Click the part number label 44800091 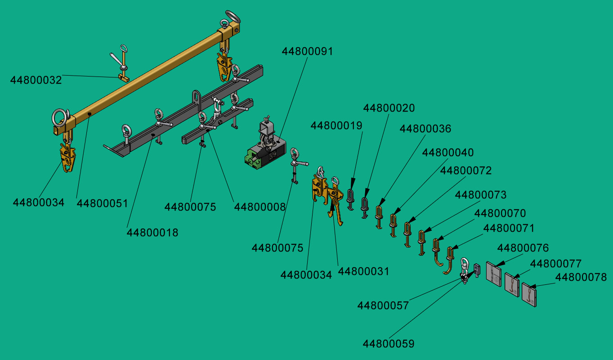[x=307, y=51]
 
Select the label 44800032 [x=36, y=80]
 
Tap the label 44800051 [x=102, y=203]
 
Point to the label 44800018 [x=152, y=233]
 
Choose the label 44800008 [x=260, y=207]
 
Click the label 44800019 [x=336, y=126]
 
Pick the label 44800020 [x=389, y=108]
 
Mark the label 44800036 [x=425, y=129]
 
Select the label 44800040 [x=447, y=153]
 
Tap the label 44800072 [x=465, y=171]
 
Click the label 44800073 [x=480, y=195]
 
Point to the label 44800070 [x=500, y=213]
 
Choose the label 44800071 [x=509, y=228]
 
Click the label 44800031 [x=363, y=271]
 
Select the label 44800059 [x=388, y=344]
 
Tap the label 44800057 [x=383, y=306]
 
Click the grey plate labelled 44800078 [x=529, y=295]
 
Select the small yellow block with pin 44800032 [x=124, y=77]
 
